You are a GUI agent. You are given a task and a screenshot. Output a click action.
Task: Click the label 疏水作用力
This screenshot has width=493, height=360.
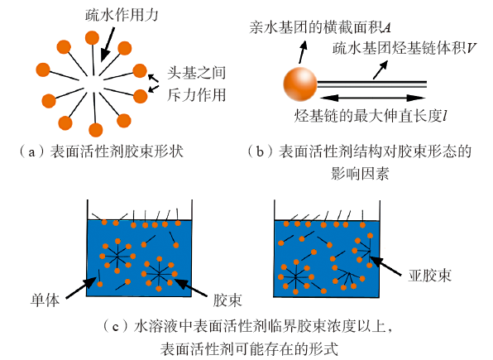[122, 15]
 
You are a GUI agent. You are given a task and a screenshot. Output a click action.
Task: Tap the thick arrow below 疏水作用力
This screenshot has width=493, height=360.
[108, 45]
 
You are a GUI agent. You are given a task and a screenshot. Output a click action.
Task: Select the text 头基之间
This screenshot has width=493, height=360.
[197, 73]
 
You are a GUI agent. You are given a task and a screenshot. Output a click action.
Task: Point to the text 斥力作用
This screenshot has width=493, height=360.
[197, 94]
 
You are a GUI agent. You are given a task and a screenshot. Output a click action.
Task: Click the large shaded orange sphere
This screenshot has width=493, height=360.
[300, 84]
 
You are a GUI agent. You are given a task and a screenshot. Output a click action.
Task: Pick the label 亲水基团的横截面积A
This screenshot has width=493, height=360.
[320, 27]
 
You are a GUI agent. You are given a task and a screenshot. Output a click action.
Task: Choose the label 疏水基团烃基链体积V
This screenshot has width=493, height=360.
[404, 48]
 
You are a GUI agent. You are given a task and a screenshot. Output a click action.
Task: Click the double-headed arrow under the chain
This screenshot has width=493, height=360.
[373, 98]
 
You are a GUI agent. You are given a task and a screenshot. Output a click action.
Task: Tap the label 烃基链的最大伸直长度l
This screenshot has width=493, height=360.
[371, 116]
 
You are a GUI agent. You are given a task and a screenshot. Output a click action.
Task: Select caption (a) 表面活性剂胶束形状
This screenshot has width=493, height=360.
[101, 151]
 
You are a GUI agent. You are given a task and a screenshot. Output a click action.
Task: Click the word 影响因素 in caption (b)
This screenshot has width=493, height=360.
[360, 174]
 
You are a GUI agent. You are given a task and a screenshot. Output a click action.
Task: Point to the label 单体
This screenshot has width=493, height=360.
[45, 300]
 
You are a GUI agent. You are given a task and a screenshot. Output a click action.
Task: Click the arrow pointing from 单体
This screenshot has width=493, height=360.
[81, 288]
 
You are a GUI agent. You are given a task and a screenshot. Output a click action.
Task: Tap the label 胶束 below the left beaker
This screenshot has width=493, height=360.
[227, 300]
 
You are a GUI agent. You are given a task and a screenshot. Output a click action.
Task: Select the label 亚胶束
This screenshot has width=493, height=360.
[430, 276]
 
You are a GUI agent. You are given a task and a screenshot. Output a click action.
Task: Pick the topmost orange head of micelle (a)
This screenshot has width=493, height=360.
[92, 38]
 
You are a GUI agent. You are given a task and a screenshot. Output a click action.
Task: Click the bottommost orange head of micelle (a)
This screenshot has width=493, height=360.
[96, 130]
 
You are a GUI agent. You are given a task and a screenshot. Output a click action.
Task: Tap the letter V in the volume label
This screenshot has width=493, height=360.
[471, 48]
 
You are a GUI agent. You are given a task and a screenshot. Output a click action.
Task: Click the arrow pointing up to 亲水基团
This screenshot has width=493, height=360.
[303, 52]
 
